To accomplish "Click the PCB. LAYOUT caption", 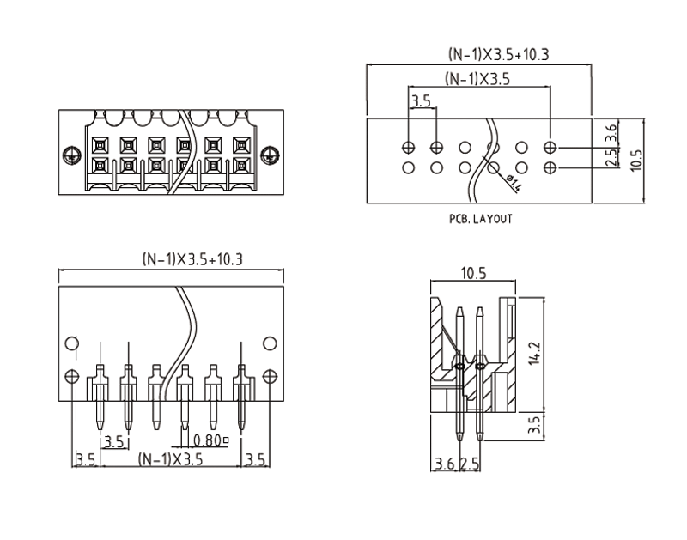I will (480, 219).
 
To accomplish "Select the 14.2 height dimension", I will (532, 354).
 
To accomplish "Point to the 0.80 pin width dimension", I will (210, 441).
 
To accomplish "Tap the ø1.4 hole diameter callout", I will (515, 181).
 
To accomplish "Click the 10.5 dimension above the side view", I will (474, 274).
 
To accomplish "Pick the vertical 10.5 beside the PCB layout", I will (635, 160).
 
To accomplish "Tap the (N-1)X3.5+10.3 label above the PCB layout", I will (499, 54).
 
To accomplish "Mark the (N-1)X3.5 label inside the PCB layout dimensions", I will (477, 78).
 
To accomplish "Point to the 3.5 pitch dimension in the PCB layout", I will (421, 101).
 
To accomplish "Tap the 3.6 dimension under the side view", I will (444, 464).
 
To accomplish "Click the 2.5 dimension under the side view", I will (470, 464).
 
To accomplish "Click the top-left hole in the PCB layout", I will (409, 148).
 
